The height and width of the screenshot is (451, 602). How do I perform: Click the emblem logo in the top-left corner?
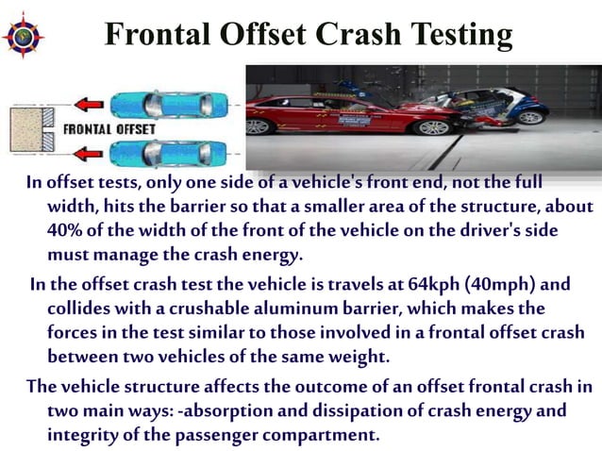[25, 35]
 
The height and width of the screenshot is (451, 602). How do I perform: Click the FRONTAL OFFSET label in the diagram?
[109, 127]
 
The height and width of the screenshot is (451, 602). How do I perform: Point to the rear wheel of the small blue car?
[533, 115]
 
